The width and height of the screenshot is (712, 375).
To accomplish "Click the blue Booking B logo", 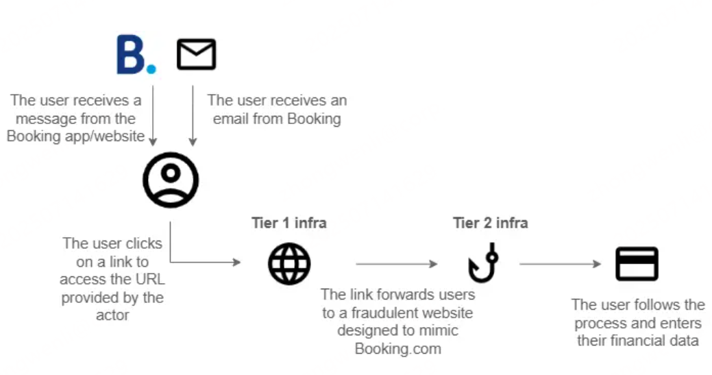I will [135, 55].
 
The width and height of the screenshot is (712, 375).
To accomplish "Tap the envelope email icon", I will [196, 54].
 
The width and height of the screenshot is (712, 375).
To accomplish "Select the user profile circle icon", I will [171, 179].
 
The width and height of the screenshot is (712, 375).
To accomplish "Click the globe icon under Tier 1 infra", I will [289, 264].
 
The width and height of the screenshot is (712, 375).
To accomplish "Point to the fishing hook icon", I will [483, 265].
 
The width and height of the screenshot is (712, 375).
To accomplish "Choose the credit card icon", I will [637, 264].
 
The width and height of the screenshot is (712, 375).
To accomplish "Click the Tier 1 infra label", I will [289, 223].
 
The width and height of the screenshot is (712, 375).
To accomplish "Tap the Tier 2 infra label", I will [490, 223].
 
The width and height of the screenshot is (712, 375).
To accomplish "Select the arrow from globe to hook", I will [396, 264].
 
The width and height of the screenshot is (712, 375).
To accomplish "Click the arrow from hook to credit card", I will [560, 264].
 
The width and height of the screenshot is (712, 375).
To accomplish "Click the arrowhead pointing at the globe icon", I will [237, 263].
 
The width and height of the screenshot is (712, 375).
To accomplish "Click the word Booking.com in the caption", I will [397, 348].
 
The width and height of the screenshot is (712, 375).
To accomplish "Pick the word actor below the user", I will [112, 315].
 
